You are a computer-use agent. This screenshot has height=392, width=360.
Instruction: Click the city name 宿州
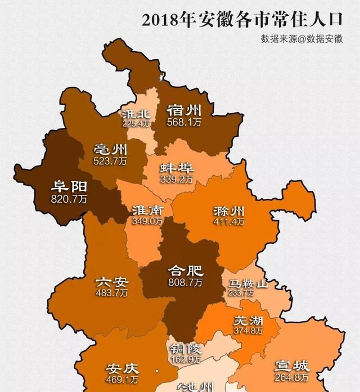[184, 109]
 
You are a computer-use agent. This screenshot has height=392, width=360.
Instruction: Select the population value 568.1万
[184, 121]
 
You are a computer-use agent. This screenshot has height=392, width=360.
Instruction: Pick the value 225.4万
[136, 123]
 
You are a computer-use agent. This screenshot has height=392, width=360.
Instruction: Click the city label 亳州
[110, 150]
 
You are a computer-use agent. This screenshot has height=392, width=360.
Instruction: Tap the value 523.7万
[110, 161]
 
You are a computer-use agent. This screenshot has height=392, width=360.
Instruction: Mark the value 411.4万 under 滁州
[229, 222]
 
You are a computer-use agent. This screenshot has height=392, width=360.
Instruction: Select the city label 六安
[111, 282]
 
